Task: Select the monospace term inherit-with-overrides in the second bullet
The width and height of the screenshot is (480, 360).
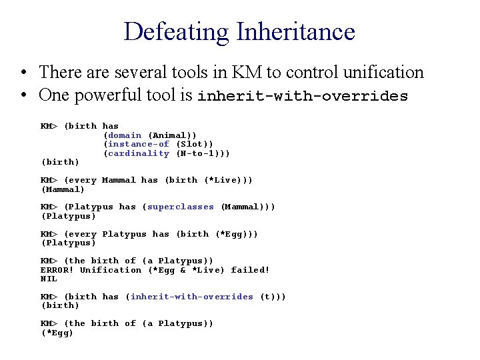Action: click(302, 96)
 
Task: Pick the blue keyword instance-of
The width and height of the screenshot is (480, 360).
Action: click(139, 144)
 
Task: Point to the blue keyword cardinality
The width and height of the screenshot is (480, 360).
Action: click(139, 153)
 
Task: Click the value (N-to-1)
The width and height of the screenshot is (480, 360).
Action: click(202, 153)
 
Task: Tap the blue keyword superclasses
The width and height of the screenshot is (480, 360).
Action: click(181, 207)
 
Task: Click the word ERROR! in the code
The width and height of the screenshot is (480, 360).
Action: click(57, 270)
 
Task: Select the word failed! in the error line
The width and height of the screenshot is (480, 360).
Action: click(250, 270)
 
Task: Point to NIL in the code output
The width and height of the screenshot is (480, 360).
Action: click(49, 279)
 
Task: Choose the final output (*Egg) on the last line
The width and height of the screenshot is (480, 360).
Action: click(57, 333)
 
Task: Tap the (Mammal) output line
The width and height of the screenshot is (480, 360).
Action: click(63, 189)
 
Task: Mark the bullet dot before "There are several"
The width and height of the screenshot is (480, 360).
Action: click(23, 72)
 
